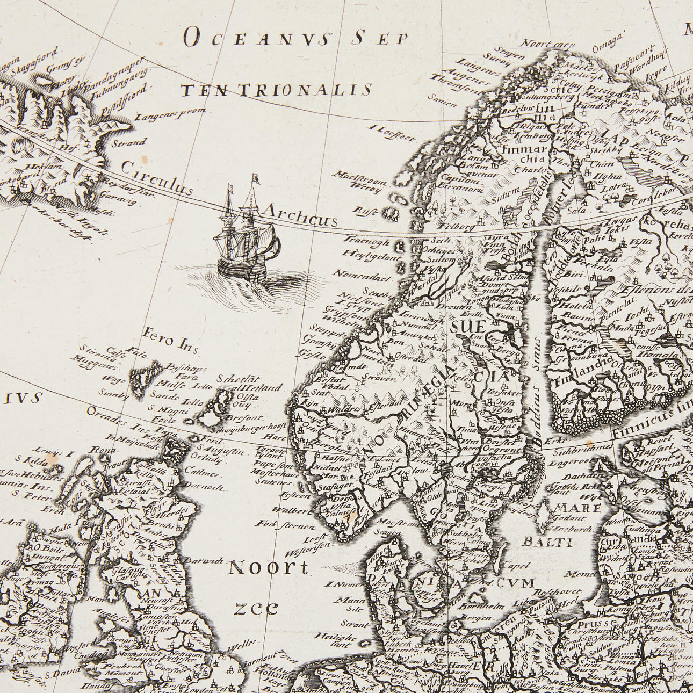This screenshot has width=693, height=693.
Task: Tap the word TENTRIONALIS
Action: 277,90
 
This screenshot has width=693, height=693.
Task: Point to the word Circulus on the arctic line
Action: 156,178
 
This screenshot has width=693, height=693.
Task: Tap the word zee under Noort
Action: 257,608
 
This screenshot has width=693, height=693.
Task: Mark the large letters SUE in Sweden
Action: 467,326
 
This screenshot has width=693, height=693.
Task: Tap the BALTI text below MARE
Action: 550,542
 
